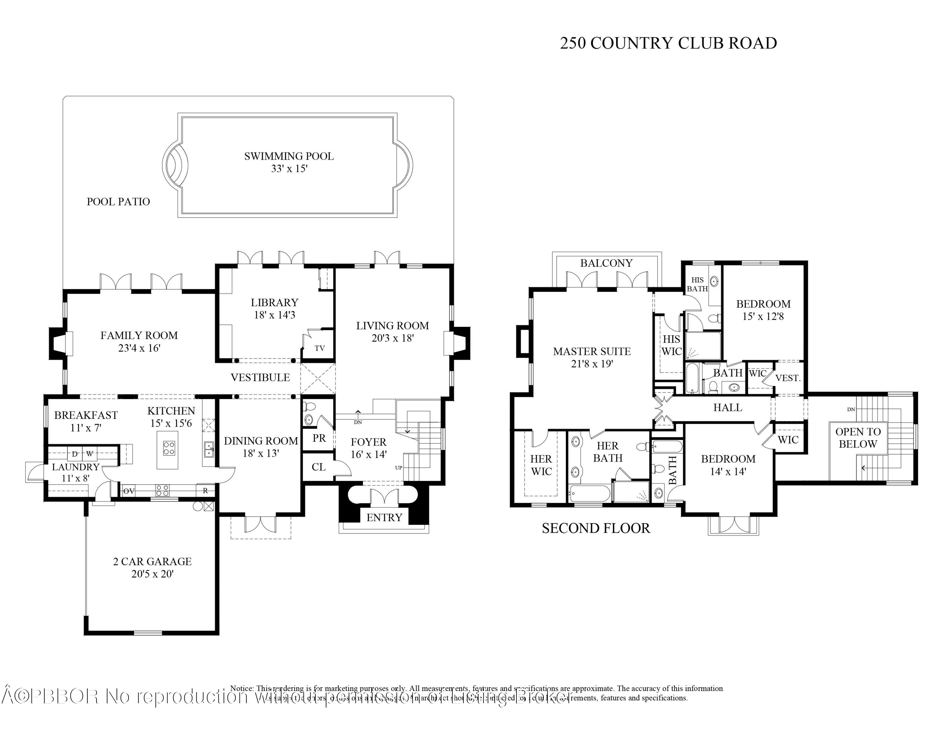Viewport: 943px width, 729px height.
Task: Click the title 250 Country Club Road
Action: (x=668, y=43)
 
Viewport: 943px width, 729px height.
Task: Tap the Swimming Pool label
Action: (x=289, y=156)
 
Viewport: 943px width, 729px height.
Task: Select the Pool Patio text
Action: (x=118, y=202)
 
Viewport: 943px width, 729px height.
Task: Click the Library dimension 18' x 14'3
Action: (x=275, y=315)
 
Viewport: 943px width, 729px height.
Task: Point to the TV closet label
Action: (x=319, y=348)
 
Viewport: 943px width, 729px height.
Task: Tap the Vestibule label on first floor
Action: (x=260, y=377)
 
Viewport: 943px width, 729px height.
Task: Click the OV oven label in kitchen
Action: (x=129, y=491)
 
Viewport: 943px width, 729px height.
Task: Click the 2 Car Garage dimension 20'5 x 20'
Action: (x=152, y=574)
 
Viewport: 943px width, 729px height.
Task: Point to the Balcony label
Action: (x=606, y=263)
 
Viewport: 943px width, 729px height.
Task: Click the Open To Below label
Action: (x=858, y=437)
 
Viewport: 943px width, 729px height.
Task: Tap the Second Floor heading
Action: (x=596, y=528)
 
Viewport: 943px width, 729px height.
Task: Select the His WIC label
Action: (x=671, y=345)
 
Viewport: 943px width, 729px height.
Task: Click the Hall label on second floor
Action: (x=728, y=407)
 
